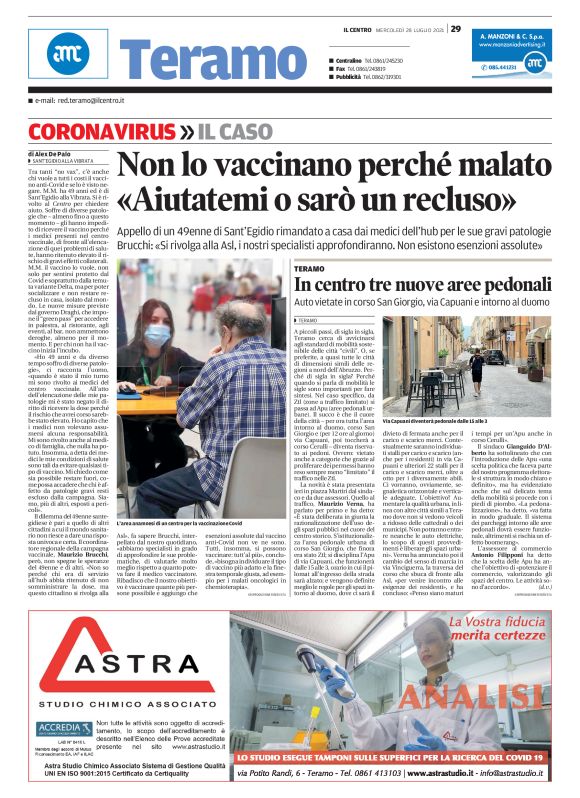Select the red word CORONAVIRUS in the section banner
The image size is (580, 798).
(94, 131)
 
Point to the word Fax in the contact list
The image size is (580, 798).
(342, 68)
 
